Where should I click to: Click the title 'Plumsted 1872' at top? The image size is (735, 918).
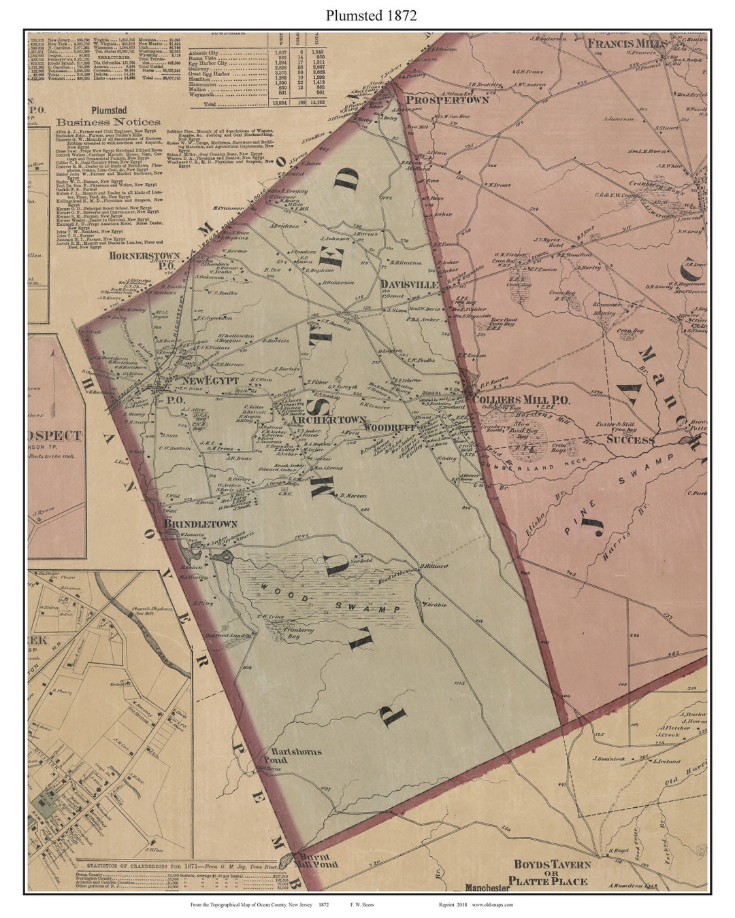pos(367,16)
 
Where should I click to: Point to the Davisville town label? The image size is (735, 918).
pos(408,284)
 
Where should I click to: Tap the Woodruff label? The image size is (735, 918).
pos(385,428)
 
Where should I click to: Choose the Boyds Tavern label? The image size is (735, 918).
pos(551,865)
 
